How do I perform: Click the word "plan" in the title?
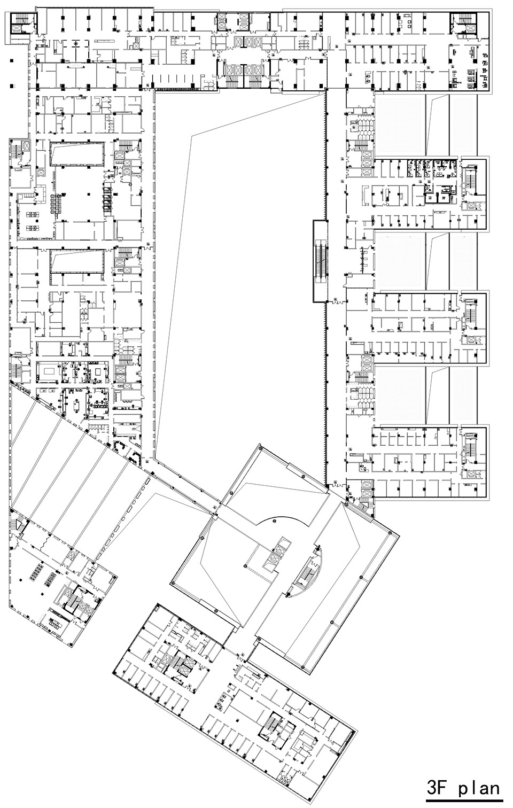pos(479,789)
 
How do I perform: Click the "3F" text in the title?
pos(439,789)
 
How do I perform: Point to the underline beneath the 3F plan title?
pos(464,800)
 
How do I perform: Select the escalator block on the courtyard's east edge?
pos(320,261)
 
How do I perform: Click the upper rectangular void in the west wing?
pos(77,154)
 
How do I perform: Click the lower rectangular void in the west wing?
pos(77,262)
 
